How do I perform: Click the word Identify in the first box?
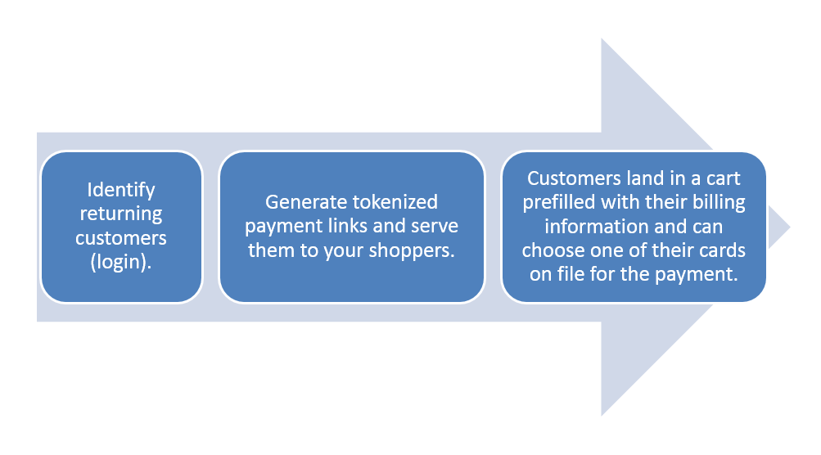tap(121, 190)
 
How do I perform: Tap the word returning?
tap(121, 214)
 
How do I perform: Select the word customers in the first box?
tap(121, 237)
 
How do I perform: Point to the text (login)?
tap(121, 262)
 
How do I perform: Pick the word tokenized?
tap(395, 202)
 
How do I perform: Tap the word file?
tap(569, 274)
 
